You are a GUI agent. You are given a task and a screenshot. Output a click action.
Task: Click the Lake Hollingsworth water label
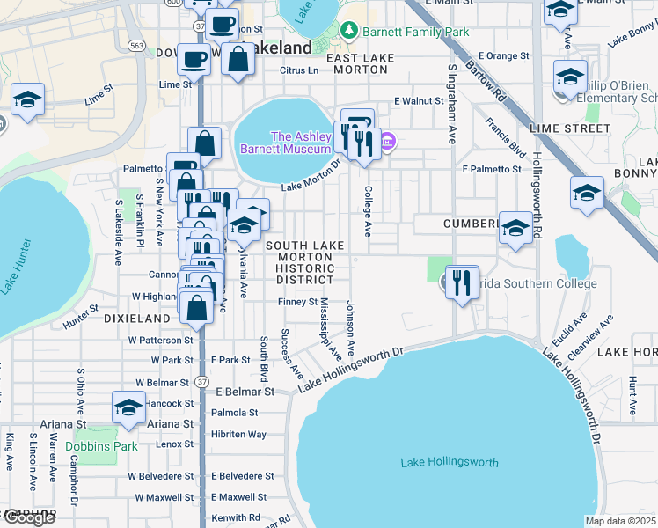(x=449, y=463)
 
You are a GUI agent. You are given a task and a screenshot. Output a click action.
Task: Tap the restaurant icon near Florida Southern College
(x=462, y=283)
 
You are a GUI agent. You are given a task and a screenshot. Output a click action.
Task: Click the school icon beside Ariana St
(x=128, y=409)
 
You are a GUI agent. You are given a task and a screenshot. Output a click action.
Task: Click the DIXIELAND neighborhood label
(x=135, y=318)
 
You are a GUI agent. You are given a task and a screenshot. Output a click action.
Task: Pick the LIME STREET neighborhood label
(x=570, y=128)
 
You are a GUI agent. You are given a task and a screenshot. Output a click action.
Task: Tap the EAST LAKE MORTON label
(x=364, y=63)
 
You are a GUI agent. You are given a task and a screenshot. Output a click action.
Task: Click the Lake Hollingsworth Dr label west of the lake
(x=349, y=369)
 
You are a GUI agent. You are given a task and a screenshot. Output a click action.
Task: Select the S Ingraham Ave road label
(x=452, y=103)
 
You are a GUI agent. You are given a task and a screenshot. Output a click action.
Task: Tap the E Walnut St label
(x=419, y=101)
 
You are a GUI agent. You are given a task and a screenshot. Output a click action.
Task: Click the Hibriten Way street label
(x=238, y=435)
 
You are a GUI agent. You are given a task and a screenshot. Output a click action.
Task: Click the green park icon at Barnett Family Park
(x=350, y=32)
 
